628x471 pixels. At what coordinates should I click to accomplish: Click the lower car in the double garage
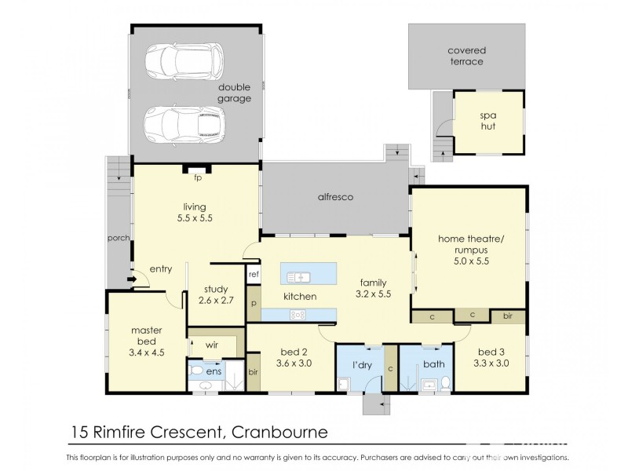(184, 122)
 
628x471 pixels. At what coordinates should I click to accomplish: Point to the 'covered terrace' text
(466, 56)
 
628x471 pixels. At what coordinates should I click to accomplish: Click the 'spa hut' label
(489, 122)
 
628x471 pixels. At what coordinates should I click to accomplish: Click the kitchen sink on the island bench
(300, 276)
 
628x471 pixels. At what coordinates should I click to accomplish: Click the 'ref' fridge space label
(254, 274)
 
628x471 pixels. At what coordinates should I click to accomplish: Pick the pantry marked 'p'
(254, 301)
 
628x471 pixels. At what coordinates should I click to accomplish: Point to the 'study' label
(215, 288)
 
